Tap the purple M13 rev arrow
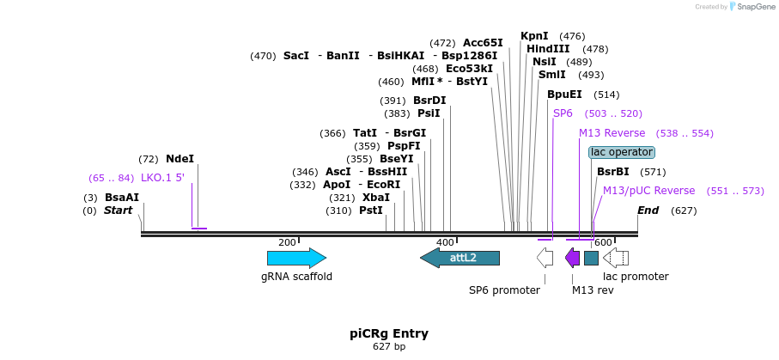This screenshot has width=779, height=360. pyautogui.click(x=572, y=258)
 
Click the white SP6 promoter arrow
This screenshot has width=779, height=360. pyautogui.click(x=545, y=258)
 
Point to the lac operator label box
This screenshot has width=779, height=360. pyautogui.click(x=622, y=152)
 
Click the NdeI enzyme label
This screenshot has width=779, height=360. pyautogui.click(x=180, y=159)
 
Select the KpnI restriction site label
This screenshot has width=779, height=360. pyautogui.click(x=534, y=36)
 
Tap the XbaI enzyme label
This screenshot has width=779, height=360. pyautogui.click(x=376, y=198)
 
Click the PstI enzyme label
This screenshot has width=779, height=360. pyautogui.click(x=371, y=211)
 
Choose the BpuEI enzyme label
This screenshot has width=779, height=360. pyautogui.click(x=564, y=95)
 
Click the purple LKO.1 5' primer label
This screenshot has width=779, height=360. pyautogui.click(x=163, y=178)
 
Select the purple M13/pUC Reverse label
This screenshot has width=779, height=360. pyautogui.click(x=648, y=191)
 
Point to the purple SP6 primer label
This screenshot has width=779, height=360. pyautogui.click(x=563, y=113)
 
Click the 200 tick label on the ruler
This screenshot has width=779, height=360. pyautogui.click(x=288, y=243)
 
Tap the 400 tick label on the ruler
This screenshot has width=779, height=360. pyautogui.click(x=445, y=243)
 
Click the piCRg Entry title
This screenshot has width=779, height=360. pyautogui.click(x=389, y=333)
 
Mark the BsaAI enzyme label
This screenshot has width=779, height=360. pyautogui.click(x=122, y=198)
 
